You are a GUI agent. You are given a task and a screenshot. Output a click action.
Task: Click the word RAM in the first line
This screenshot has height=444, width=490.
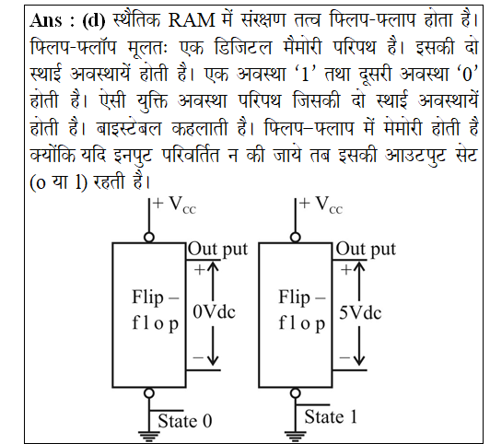pos(192,20)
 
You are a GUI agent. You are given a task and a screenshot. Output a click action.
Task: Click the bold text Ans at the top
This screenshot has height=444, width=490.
pos(46,20)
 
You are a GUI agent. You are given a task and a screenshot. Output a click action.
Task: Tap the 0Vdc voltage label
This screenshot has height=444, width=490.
pos(214,312)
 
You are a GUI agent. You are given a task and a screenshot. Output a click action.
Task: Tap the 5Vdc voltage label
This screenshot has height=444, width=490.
pos(360,313)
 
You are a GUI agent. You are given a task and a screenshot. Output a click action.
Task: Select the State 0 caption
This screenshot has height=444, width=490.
pos(185,421)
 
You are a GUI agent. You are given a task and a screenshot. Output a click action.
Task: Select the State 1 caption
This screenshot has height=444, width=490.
pos(331,416)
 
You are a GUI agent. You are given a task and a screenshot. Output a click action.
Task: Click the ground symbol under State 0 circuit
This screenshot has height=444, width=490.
pos(149,436)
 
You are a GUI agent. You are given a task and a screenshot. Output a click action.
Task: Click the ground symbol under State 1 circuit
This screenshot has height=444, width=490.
pos(296,436)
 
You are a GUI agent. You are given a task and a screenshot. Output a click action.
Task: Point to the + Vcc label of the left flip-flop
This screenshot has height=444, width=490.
pos(174,204)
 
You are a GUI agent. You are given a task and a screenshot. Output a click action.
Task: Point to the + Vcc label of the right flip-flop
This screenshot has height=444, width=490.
pos(321,204)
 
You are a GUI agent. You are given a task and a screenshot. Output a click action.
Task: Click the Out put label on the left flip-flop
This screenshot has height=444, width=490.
pos(217,250)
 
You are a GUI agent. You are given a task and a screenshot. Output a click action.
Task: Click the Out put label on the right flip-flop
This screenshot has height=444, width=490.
pos(366,250)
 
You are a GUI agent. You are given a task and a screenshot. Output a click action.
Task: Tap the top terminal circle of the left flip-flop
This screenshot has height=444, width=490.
pos(149,238)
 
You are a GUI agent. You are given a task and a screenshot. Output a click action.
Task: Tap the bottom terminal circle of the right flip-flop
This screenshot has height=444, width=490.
pos(296,392)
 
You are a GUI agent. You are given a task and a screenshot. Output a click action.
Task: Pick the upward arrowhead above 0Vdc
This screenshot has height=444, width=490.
pos(213,265)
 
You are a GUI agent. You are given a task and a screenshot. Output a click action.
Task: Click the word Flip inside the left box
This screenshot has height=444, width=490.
pos(147,298)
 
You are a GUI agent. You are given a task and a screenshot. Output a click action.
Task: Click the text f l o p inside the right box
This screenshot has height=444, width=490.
pos(302,323)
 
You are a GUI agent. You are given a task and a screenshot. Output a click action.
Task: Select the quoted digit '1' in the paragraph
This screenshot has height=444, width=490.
pos(304,75)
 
